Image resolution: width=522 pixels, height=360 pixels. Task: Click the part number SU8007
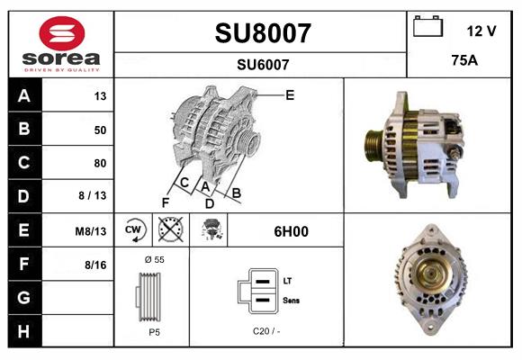click(263, 33)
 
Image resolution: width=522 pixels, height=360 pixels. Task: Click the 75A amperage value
click(463, 62)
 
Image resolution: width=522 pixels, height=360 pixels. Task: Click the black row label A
click(23, 95)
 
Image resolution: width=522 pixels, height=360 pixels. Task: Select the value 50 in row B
click(100, 130)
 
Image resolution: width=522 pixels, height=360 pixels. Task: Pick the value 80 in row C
click(100, 163)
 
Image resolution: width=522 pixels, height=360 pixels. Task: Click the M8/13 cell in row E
click(91, 231)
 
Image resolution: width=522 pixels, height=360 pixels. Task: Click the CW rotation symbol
click(134, 231)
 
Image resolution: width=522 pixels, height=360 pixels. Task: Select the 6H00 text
click(291, 231)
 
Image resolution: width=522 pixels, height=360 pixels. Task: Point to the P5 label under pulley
click(153, 332)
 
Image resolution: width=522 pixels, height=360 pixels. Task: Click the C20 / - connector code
click(265, 332)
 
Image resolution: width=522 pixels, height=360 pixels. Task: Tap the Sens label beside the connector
click(292, 299)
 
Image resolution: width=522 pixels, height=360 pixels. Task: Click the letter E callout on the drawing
click(290, 94)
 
